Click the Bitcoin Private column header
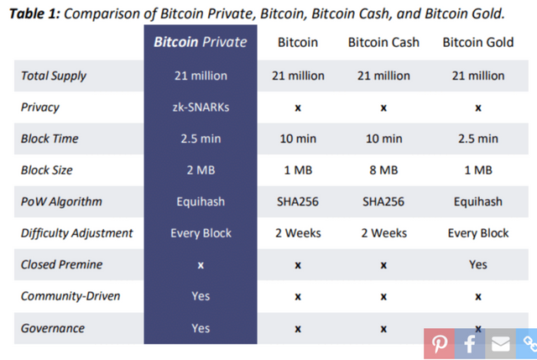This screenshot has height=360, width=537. click(x=200, y=42)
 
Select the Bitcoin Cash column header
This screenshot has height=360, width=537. click(x=383, y=42)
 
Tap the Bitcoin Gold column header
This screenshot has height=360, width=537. click(x=477, y=42)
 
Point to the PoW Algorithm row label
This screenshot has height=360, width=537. click(x=61, y=201)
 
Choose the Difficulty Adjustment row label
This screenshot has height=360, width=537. click(x=76, y=232)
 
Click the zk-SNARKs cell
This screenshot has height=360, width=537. click(x=200, y=107)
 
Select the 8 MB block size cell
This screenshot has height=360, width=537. click(x=383, y=170)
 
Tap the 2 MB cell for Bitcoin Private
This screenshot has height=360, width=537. click(x=200, y=170)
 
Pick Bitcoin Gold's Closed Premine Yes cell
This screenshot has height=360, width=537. click(x=477, y=264)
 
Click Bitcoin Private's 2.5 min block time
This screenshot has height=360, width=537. click(x=200, y=138)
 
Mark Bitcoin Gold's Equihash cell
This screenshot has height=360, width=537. click(x=477, y=201)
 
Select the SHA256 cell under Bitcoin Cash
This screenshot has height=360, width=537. click(x=383, y=201)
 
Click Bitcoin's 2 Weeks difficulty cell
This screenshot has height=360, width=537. click(x=298, y=232)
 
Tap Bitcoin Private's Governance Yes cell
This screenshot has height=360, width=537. click(x=200, y=327)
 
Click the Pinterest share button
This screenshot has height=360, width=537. click(x=439, y=343)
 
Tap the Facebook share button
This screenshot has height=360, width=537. click(x=469, y=343)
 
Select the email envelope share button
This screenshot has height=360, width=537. click(x=500, y=343)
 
